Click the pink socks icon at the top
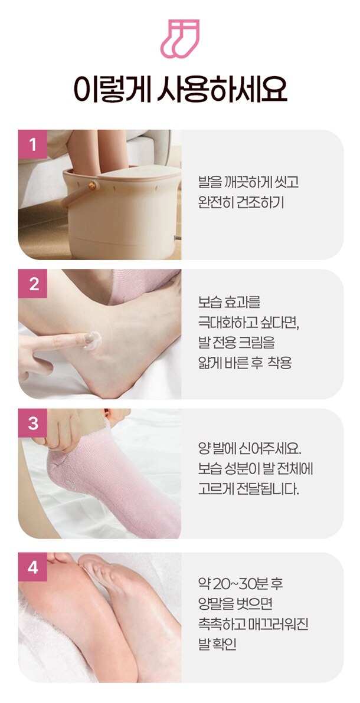click(179, 38)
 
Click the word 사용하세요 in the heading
click(222, 90)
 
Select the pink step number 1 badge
click(32, 144)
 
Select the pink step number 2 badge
click(32, 284)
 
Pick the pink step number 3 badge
click(32, 423)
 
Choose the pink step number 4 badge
click(32, 567)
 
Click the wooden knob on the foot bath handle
click(91, 185)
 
